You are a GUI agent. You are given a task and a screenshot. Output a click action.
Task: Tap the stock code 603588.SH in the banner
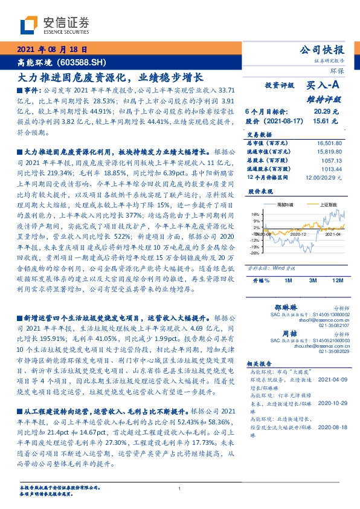tap(85, 62)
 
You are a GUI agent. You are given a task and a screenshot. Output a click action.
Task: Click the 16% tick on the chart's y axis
tap(255, 214)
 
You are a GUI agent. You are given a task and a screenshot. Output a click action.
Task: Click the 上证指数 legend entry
tap(327, 205)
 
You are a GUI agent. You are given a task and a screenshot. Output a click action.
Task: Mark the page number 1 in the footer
tap(180, 488)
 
